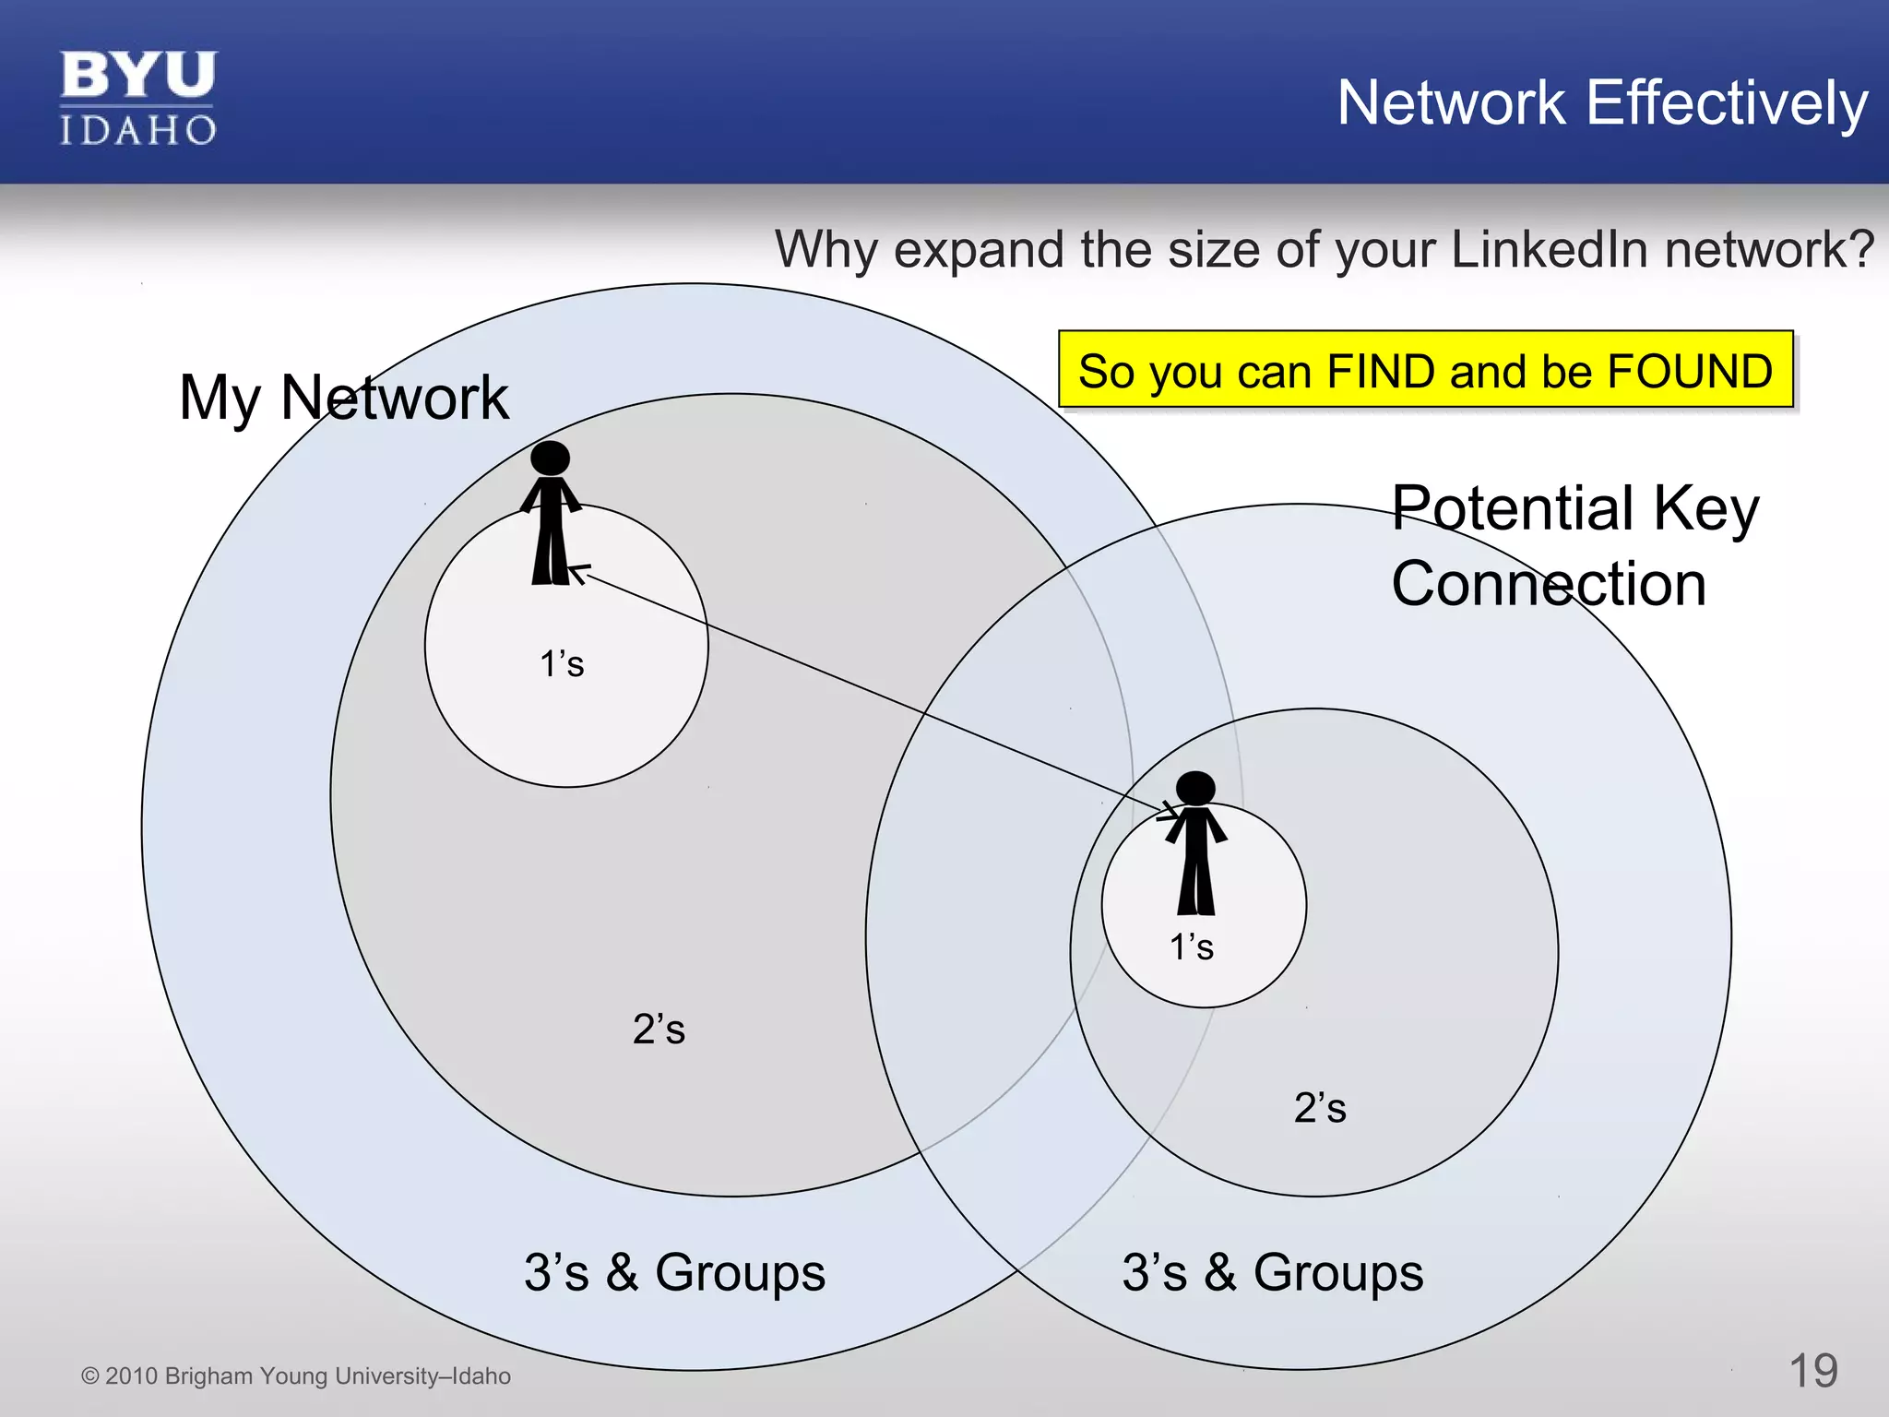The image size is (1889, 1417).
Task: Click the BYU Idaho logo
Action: pyautogui.click(x=138, y=99)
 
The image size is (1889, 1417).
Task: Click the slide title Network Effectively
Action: pyautogui.click(x=1602, y=102)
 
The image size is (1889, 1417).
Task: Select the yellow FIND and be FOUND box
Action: pyautogui.click(x=1425, y=370)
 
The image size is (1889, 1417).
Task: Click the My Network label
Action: pyautogui.click(x=343, y=398)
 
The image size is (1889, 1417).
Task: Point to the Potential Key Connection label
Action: pyautogui.click(x=1574, y=545)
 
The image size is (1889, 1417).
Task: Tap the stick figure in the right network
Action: pyautogui.click(x=1195, y=843)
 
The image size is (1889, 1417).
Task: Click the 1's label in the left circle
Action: pyautogui.click(x=562, y=664)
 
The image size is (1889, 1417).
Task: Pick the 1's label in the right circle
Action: pyautogui.click(x=1191, y=947)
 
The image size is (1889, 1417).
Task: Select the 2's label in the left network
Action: pyautogui.click(x=659, y=1030)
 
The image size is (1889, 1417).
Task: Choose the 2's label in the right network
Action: pyautogui.click(x=1319, y=1108)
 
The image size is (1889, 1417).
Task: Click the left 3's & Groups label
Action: pyautogui.click(x=674, y=1273)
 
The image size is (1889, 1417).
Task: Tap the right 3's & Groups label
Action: pyautogui.click(x=1272, y=1273)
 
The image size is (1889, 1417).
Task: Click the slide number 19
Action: pyautogui.click(x=1812, y=1371)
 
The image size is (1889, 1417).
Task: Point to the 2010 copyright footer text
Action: pyautogui.click(x=296, y=1376)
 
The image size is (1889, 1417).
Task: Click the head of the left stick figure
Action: pyautogui.click(x=551, y=458)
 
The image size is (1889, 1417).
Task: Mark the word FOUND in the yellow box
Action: pyautogui.click(x=1689, y=371)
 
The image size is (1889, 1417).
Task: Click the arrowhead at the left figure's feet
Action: pyautogui.click(x=578, y=573)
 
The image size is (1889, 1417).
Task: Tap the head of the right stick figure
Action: pyautogui.click(x=1195, y=789)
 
